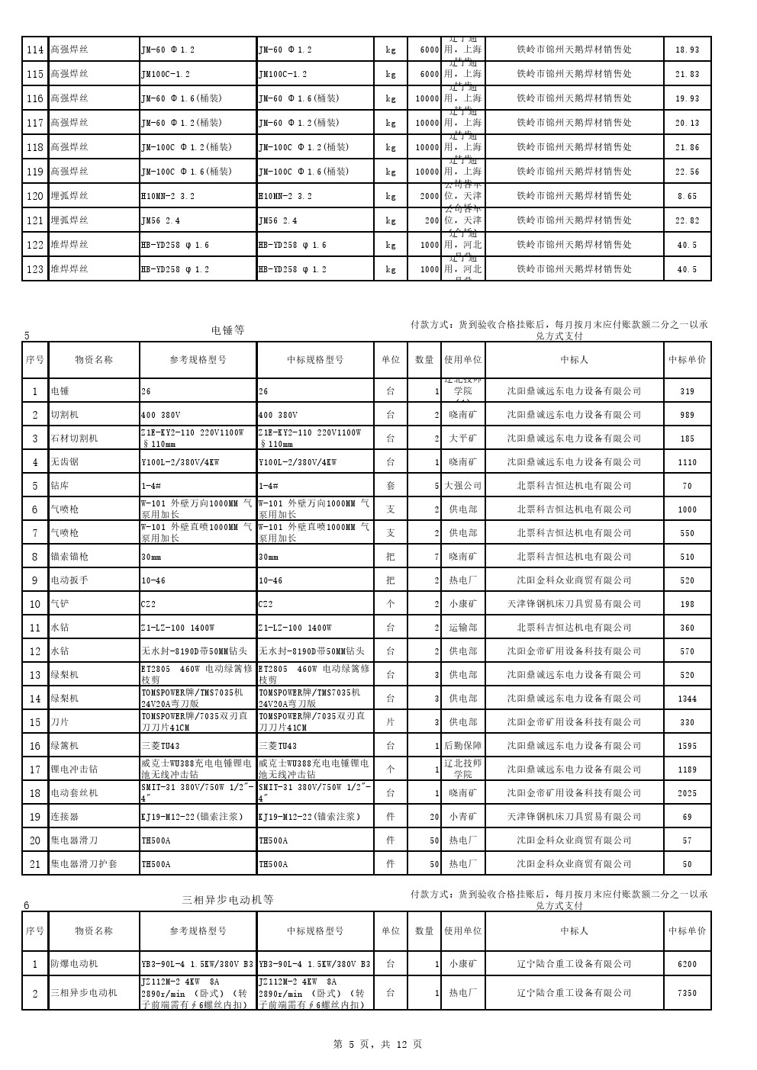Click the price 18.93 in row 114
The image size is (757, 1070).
click(687, 50)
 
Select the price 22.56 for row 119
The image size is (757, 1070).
click(687, 172)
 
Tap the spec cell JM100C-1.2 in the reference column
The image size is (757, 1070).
click(166, 74)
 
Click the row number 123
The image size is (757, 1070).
click(35, 269)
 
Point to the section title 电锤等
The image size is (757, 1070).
click(227, 330)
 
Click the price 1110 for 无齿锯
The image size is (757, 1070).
click(687, 462)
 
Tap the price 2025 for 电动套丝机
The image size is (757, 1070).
click(687, 793)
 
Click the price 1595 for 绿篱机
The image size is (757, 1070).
click(687, 746)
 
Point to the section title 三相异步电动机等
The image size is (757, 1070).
click(227, 900)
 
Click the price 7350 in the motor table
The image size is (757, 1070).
click(687, 993)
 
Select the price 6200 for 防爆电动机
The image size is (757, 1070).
click(687, 964)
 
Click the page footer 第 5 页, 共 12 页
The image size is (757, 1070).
click(378, 1044)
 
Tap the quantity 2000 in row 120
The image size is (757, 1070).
click(430, 196)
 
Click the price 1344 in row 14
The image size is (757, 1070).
click(687, 699)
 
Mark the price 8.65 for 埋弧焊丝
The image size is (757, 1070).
click(687, 196)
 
